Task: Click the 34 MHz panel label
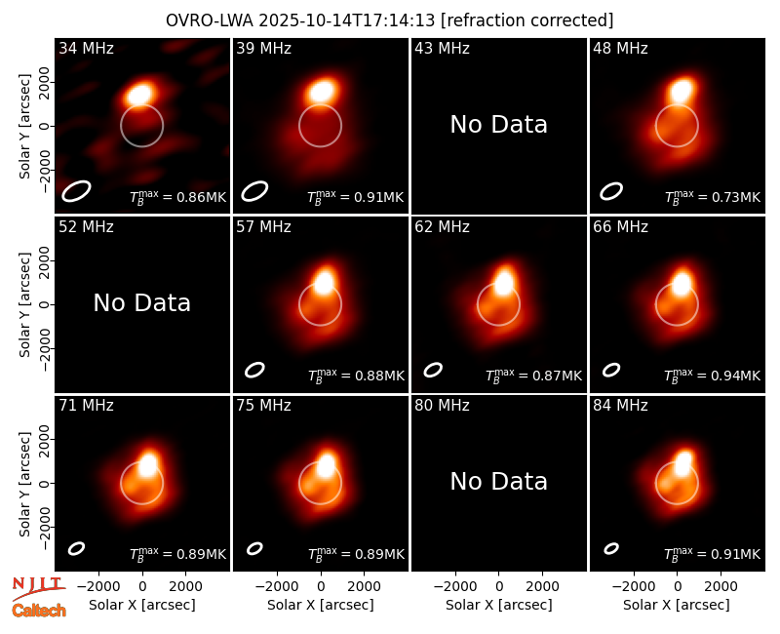coord(86,48)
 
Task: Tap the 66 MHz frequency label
coord(620,227)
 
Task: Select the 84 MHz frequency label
coord(620,406)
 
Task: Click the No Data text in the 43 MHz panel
coord(499,125)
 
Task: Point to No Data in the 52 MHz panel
coord(142,303)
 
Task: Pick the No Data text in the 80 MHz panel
coord(499,482)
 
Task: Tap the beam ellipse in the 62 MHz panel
coord(433,370)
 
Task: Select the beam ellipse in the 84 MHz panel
coord(611,548)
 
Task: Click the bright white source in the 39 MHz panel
coord(323,92)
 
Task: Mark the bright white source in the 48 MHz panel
coord(682,90)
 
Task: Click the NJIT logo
coord(38,588)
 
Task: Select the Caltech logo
coord(39,611)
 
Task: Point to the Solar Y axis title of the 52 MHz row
coord(25,304)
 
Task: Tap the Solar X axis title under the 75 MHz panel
coord(321,605)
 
